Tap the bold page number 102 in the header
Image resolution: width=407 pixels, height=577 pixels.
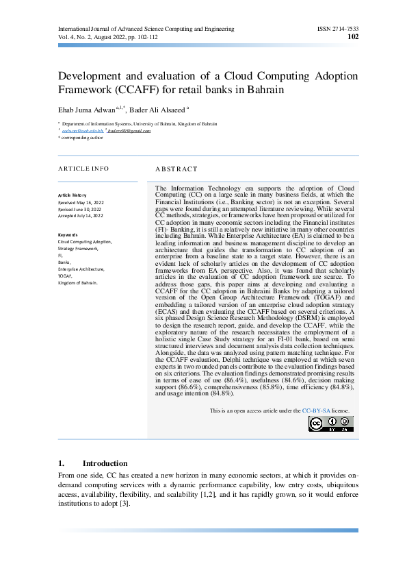(353, 37)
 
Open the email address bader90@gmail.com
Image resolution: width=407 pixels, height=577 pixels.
(129, 130)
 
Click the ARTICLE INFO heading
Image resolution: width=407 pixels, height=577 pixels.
(83, 168)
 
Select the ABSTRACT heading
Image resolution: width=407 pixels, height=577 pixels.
(176, 169)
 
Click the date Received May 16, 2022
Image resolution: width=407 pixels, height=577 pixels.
(80, 203)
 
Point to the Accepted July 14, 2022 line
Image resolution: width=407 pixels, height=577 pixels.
(80, 215)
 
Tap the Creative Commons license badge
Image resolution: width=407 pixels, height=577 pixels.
(331, 423)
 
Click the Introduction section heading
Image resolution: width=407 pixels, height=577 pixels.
(105, 463)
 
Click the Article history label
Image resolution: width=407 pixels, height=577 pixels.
(73, 195)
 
